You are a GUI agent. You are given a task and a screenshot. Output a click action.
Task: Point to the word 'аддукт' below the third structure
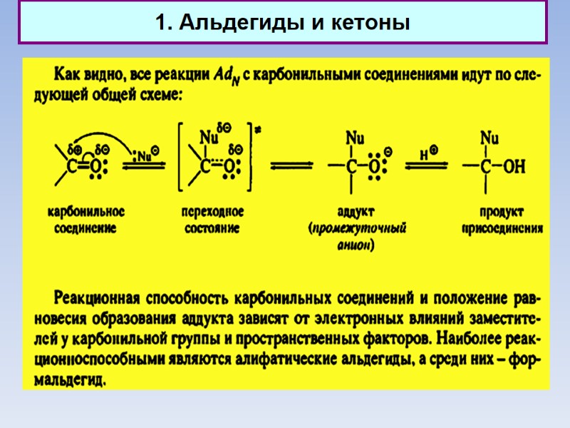355,212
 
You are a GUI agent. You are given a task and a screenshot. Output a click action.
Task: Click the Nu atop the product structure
489,136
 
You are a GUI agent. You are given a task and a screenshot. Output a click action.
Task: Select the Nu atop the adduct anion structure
353,136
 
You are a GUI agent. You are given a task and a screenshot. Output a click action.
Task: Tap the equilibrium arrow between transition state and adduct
291,167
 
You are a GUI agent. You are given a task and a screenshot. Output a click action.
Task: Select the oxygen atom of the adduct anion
373,167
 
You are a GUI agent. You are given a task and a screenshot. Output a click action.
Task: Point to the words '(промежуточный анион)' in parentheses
356,236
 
